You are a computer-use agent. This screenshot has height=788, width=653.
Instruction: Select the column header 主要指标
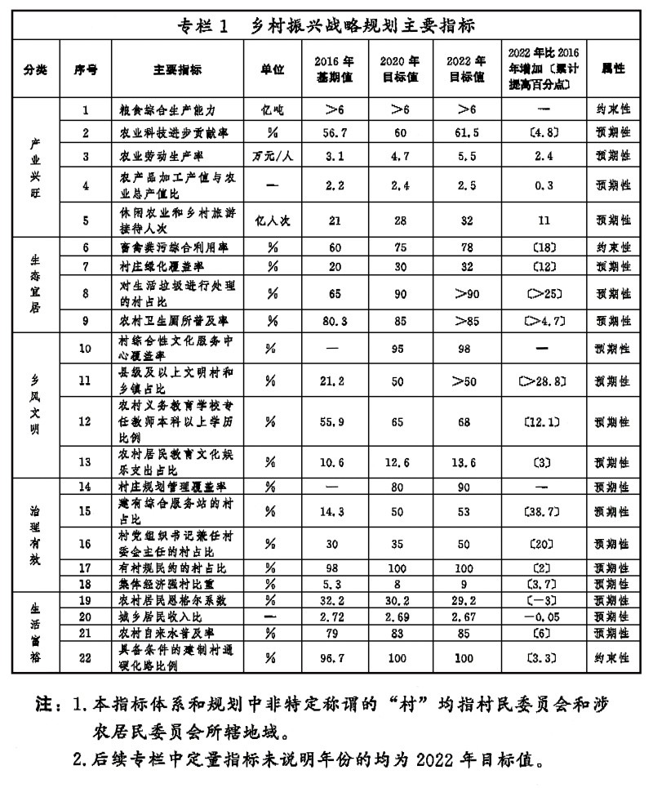coord(176,69)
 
